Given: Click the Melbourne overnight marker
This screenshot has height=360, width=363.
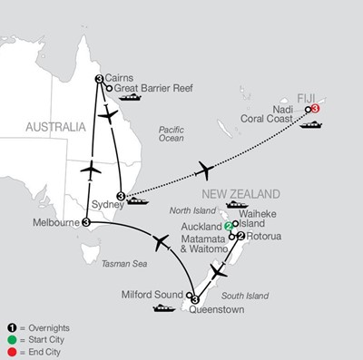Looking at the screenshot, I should pyautogui.click(x=85, y=222).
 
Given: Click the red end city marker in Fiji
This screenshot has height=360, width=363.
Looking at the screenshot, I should pyautogui.click(x=314, y=109).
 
